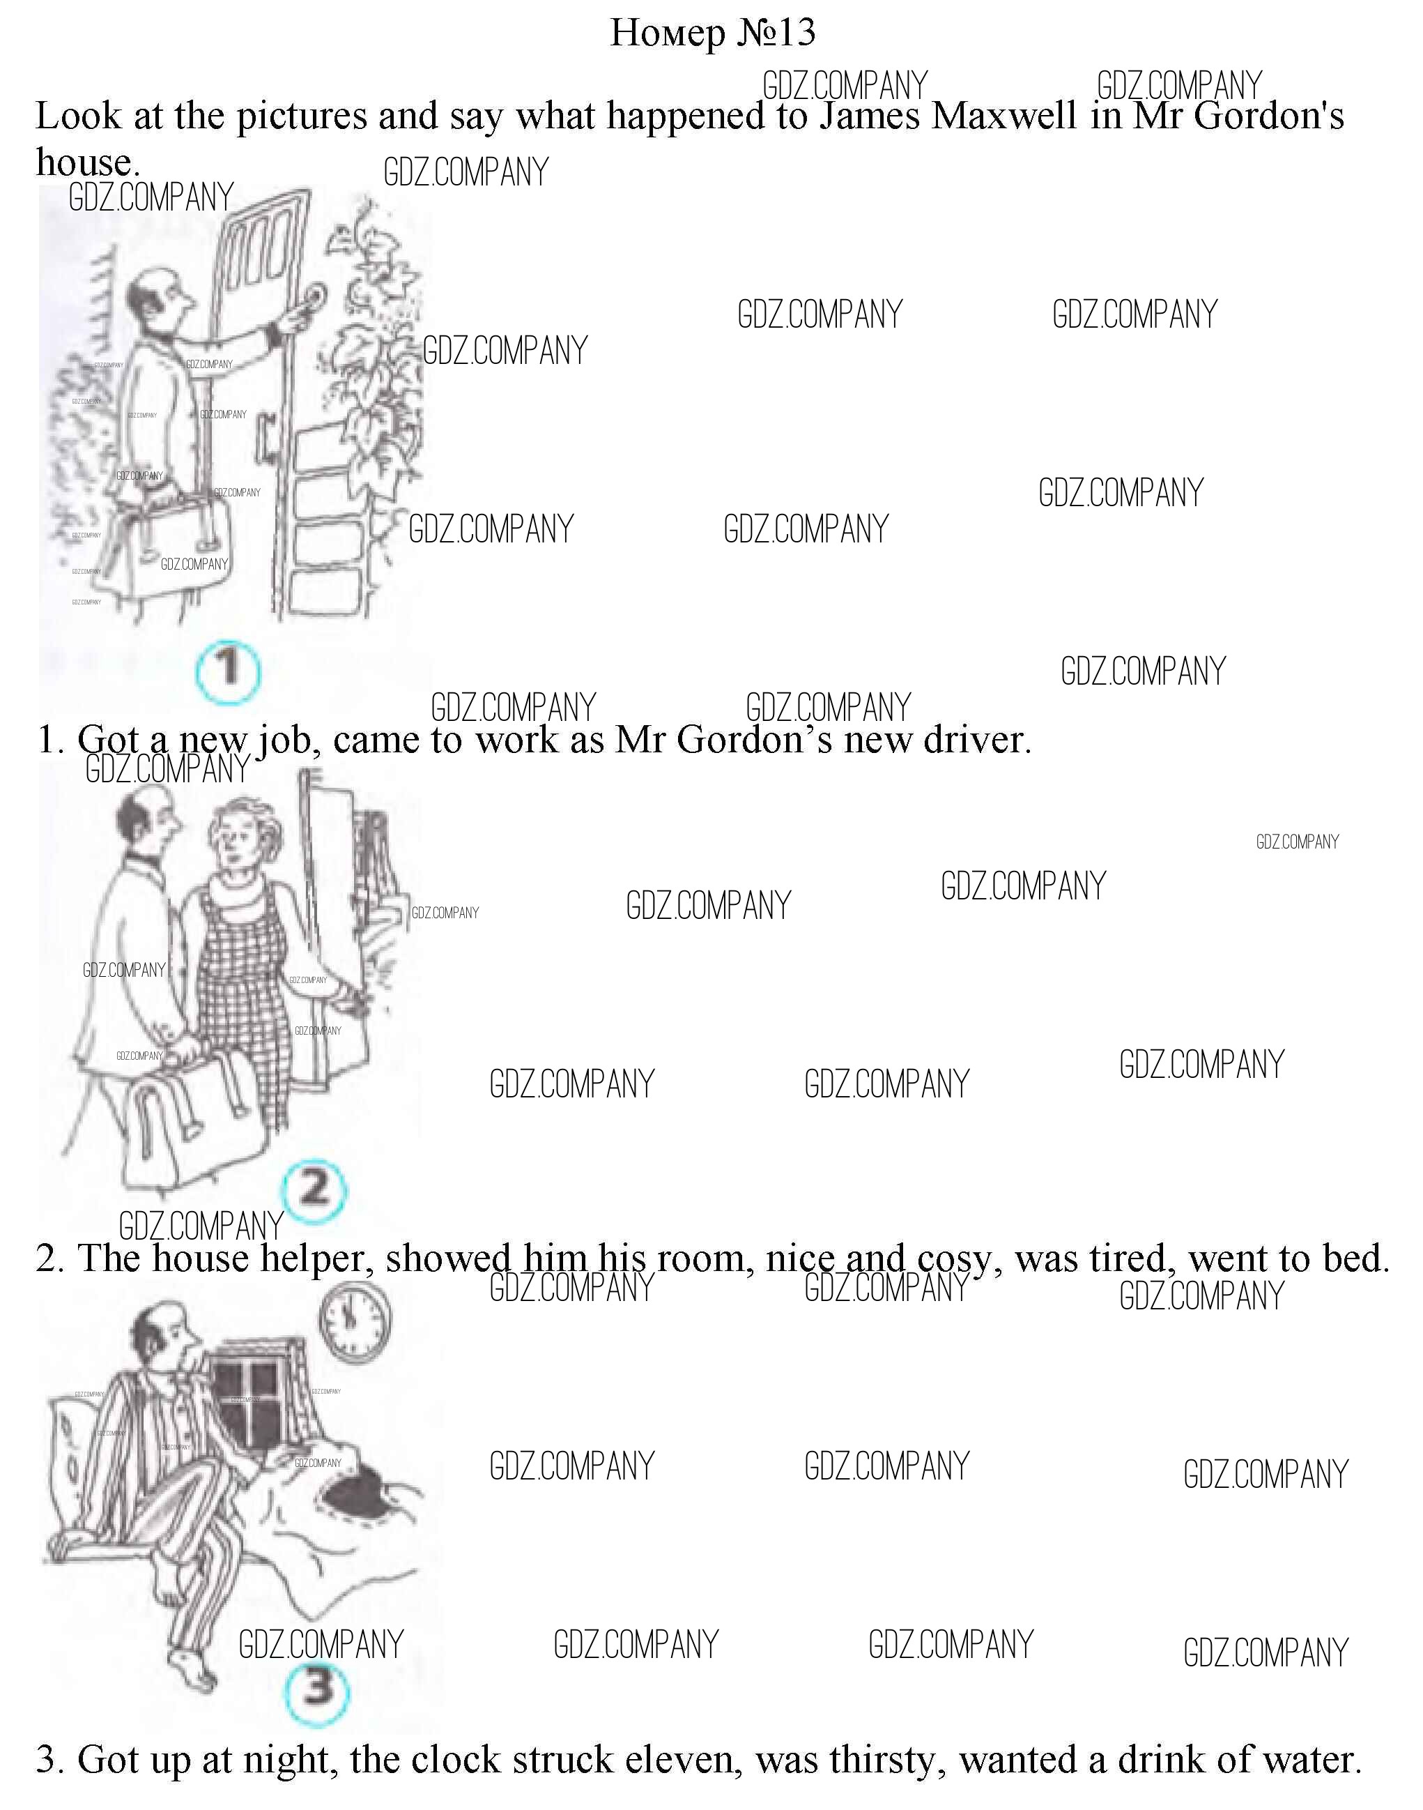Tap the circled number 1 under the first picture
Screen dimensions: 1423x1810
tap(227, 669)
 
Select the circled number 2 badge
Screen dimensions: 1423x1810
tap(314, 1191)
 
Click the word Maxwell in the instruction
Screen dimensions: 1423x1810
tap(1004, 116)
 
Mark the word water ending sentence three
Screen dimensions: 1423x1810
tap(1312, 1759)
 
